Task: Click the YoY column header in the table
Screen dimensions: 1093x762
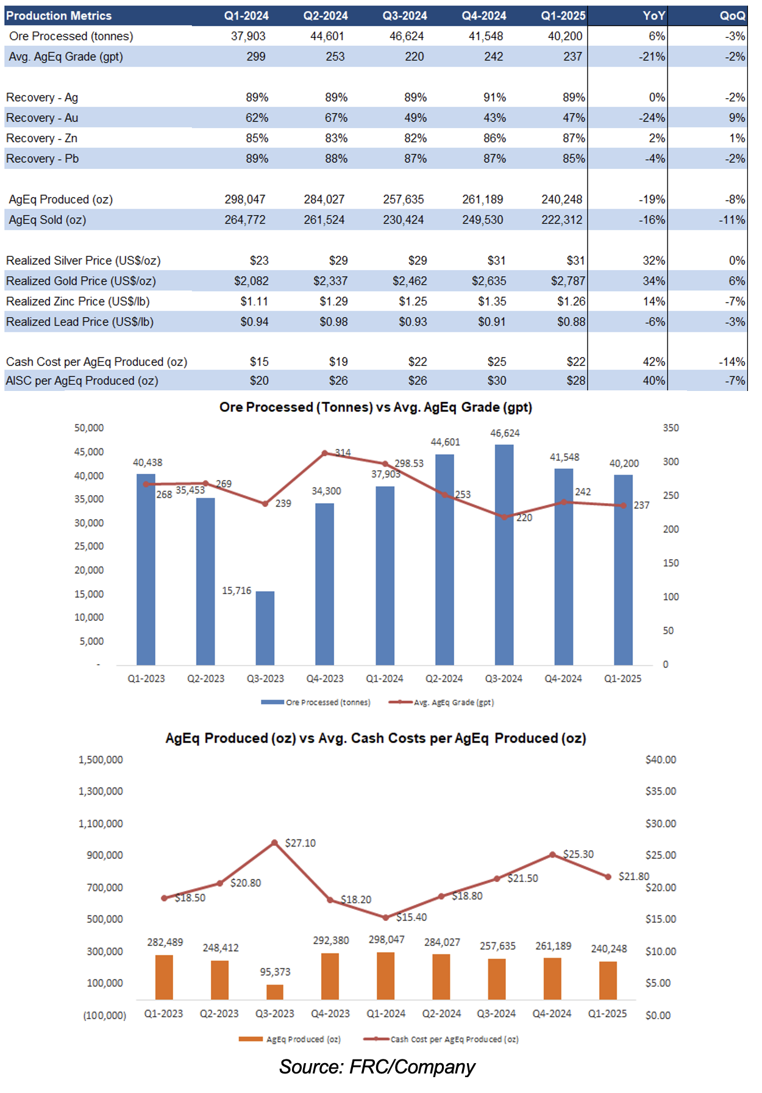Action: point(653,16)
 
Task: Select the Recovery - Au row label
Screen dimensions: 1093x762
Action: point(42,118)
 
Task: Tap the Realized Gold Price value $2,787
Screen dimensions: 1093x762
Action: point(568,281)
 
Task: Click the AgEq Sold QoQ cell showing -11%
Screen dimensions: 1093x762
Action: point(732,220)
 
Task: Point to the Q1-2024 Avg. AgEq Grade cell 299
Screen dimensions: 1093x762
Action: point(255,57)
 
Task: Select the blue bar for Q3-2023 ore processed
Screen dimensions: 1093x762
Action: point(265,628)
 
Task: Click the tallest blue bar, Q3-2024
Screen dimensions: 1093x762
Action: point(504,554)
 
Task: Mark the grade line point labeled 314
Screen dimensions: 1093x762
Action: point(325,453)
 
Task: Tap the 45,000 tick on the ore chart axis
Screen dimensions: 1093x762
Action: point(89,452)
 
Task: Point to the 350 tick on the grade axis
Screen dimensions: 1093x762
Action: point(671,428)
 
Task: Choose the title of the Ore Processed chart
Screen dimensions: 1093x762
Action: point(376,407)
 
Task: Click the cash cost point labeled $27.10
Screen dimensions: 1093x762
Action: point(274,843)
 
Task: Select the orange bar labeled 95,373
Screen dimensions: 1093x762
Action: point(275,992)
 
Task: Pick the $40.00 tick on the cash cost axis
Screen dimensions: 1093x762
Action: point(661,760)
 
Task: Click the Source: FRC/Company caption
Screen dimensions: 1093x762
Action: point(377,1067)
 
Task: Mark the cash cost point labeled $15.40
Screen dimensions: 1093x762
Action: point(386,917)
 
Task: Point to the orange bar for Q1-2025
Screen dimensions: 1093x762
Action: point(608,980)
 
